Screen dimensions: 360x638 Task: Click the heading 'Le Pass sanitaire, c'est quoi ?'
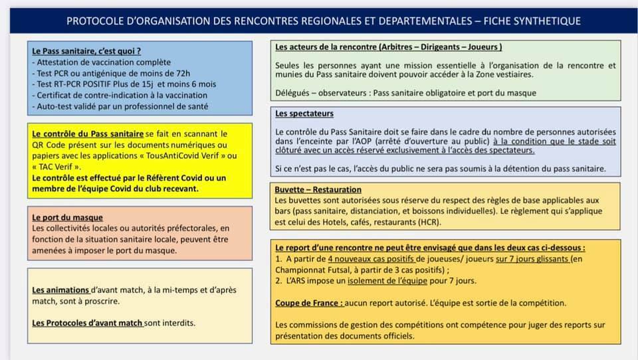[x=86, y=50]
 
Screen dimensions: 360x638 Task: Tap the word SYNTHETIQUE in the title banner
[x=544, y=21]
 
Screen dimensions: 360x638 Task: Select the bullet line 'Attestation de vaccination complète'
[x=102, y=62]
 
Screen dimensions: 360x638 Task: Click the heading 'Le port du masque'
[x=67, y=217]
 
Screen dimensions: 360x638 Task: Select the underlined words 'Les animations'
[x=60, y=290]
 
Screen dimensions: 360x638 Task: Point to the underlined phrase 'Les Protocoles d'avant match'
[x=87, y=323]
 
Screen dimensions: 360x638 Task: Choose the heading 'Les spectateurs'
[x=304, y=114]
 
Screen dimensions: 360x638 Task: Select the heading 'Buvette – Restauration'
[x=318, y=190]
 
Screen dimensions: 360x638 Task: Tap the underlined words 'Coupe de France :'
[x=309, y=303]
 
